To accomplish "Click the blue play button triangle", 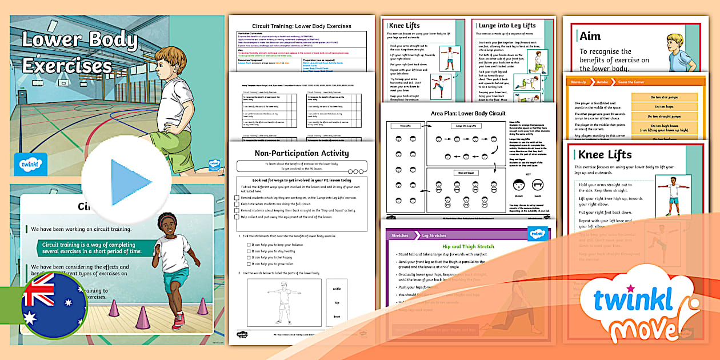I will pos(130,182).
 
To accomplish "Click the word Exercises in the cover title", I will pos(67,65).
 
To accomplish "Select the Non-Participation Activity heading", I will pos(301,153).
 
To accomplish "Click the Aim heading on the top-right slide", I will pos(590,36).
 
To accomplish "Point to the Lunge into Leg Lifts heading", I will pos(507,26).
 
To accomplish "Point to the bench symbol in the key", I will pos(538,185).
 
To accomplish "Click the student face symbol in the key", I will pos(518,185).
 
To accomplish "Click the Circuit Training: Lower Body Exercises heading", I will pos(301,26).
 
